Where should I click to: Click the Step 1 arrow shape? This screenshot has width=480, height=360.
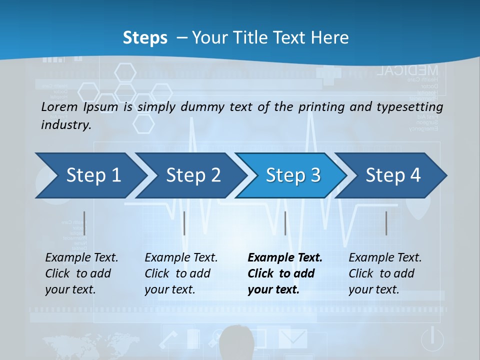pos(90,175)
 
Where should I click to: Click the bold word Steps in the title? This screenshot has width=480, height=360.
pos(145,38)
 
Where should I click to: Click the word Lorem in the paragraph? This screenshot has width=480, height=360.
pos(59,106)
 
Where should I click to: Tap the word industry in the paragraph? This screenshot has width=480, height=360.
pos(65,124)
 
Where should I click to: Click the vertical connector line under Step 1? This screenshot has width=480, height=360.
pos(84,223)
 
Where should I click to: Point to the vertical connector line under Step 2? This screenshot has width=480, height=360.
pos(184,223)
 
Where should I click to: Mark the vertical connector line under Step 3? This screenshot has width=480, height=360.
pos(285,223)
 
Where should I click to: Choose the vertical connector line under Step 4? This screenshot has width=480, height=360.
pos(386,223)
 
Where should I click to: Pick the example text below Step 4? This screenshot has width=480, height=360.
pos(385,273)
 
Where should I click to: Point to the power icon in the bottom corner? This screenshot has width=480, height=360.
pos(432,339)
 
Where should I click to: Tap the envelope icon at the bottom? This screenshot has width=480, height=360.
pos(292,338)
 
